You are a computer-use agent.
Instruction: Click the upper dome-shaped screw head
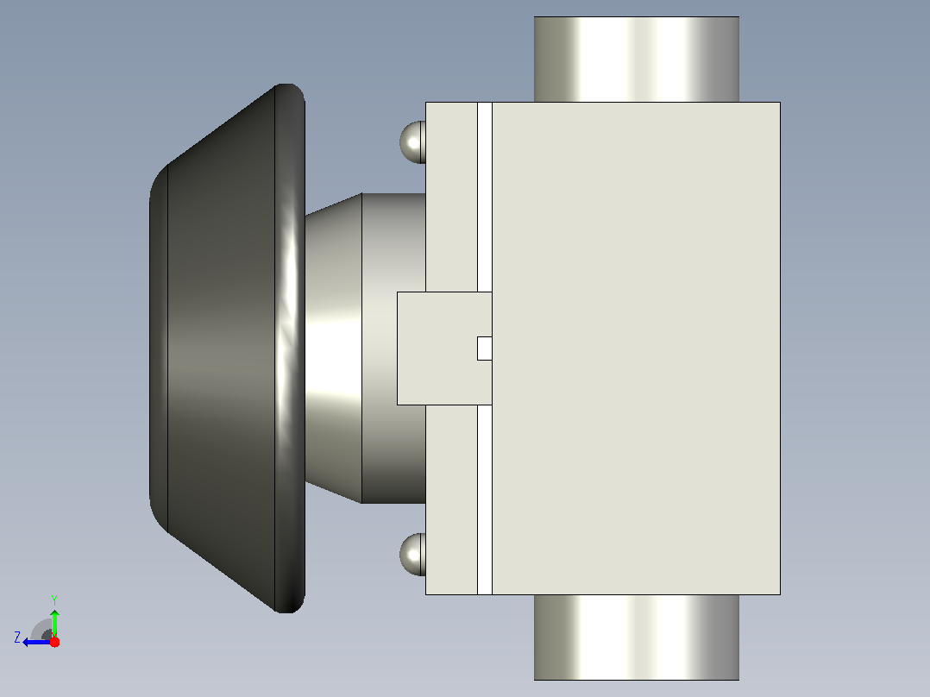tap(412, 141)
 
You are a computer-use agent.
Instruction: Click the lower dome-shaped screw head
tap(412, 554)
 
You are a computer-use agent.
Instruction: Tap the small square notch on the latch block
tap(485, 348)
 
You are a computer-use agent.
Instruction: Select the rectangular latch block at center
tap(444, 348)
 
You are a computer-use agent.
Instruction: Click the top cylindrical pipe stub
tap(637, 60)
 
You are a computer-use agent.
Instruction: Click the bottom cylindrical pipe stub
tap(637, 637)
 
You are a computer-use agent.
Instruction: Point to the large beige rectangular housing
tap(636, 348)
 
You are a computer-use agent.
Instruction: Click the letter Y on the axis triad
tap(54, 600)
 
